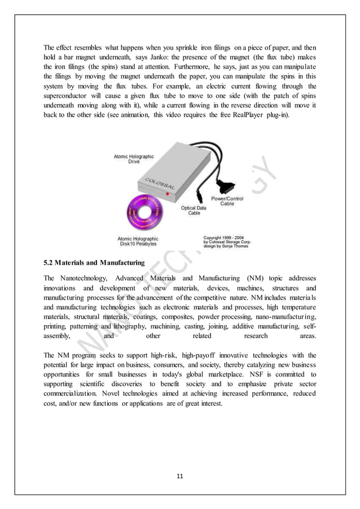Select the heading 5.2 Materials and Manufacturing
click(94, 262)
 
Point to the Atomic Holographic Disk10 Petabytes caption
click(138, 242)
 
